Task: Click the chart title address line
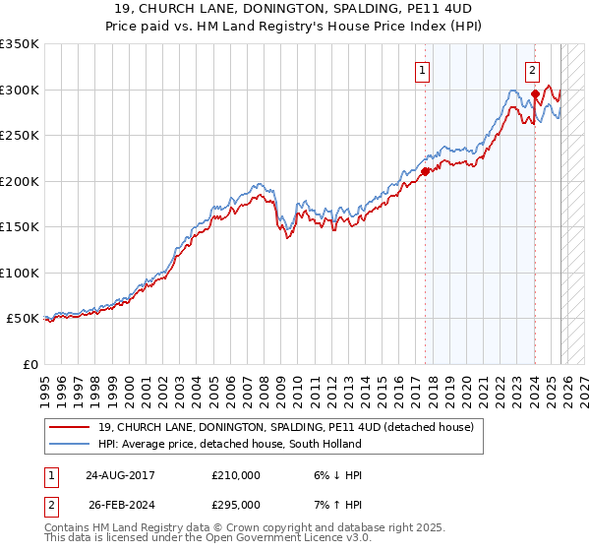pos(294,9)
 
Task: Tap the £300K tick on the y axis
pos(20,90)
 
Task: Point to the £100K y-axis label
pos(20,273)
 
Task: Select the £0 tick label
pos(29,364)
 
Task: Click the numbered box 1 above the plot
pos(423,70)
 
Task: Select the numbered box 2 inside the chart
pos(532,70)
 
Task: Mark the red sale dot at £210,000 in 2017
pos(425,171)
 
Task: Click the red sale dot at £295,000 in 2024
pos(535,94)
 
